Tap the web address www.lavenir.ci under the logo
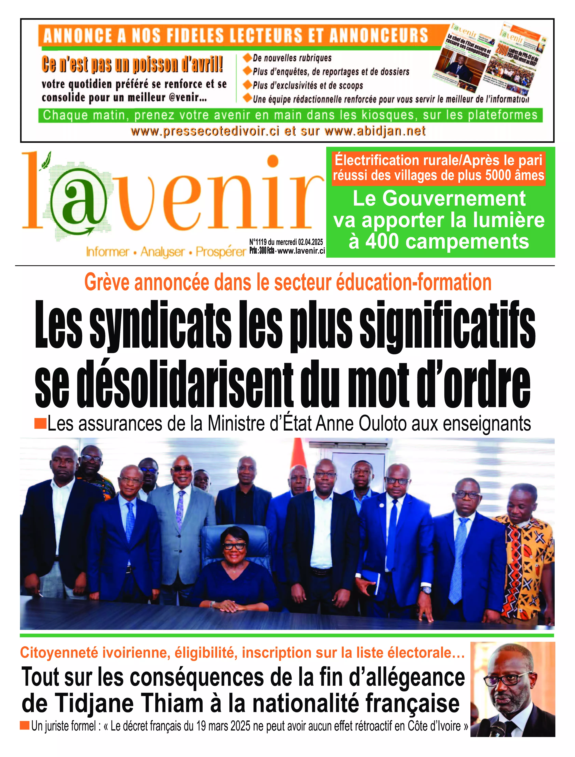click(x=301, y=251)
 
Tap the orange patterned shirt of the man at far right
click(x=527, y=561)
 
